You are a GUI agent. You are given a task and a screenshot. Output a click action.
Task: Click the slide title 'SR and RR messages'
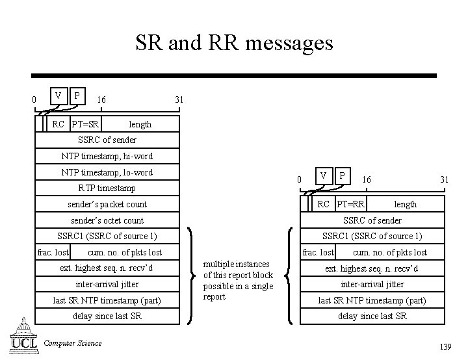click(x=234, y=44)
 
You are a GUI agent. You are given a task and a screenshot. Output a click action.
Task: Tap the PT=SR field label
click(x=85, y=124)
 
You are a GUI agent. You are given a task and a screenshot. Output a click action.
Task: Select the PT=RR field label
click(x=350, y=205)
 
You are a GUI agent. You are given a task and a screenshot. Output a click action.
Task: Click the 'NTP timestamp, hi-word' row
click(x=107, y=156)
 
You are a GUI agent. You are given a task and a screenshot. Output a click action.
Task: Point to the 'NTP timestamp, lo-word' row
click(x=107, y=172)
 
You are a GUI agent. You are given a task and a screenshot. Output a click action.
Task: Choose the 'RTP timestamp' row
click(x=107, y=188)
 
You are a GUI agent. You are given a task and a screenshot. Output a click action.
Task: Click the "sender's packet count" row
click(x=107, y=204)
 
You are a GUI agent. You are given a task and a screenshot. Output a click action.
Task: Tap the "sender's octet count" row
click(x=107, y=220)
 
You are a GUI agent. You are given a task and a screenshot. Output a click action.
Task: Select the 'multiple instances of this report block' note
click(x=238, y=280)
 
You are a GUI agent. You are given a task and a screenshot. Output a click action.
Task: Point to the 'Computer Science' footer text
click(x=73, y=343)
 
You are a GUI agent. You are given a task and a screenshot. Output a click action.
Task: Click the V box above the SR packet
click(x=58, y=96)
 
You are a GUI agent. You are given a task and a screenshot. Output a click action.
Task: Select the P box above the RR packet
click(x=343, y=175)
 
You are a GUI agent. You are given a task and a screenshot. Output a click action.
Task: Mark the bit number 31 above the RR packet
click(x=445, y=179)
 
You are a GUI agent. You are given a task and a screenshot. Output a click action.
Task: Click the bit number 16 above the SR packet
click(x=101, y=99)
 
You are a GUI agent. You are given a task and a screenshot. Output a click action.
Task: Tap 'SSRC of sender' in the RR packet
click(x=372, y=220)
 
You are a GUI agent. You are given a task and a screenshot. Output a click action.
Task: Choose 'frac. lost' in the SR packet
click(x=53, y=252)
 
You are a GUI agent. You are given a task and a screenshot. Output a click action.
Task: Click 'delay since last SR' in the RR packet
click(x=372, y=316)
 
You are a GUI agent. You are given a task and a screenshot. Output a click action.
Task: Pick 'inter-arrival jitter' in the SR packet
click(x=107, y=284)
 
